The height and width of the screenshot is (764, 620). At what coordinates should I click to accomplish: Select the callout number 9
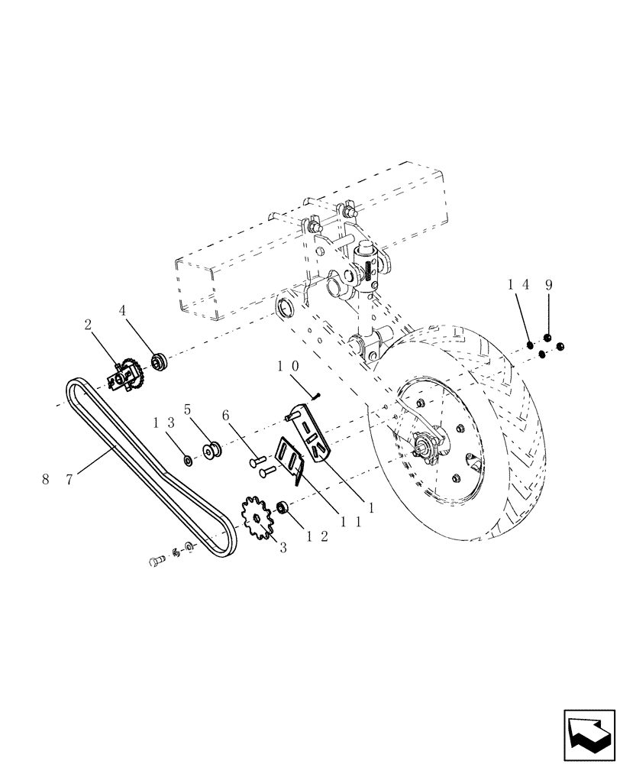point(549,284)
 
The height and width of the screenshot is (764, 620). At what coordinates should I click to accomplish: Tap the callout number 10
point(288,367)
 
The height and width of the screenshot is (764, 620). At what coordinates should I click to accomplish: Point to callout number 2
point(88,325)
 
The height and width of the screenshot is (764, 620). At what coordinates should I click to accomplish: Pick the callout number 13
point(165,422)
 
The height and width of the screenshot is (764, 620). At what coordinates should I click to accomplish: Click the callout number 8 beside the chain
point(45,479)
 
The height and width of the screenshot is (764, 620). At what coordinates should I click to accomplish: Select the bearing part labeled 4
point(159,360)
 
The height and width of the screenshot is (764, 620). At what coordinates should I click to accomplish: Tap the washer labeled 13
point(187,460)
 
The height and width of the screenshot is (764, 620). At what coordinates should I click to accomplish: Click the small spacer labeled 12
point(282,507)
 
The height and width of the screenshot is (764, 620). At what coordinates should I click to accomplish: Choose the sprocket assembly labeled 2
point(126,376)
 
